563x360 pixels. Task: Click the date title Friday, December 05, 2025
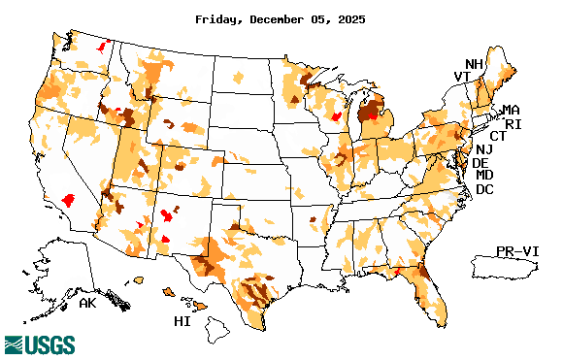(281, 18)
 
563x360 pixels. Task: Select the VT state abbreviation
(461, 77)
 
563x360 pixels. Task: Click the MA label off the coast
(511, 110)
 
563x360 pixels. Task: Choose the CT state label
(497, 137)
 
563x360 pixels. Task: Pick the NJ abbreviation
(483, 149)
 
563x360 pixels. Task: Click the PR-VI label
(517, 250)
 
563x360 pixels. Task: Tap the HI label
(182, 320)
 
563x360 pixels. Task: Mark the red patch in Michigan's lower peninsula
(374, 113)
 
